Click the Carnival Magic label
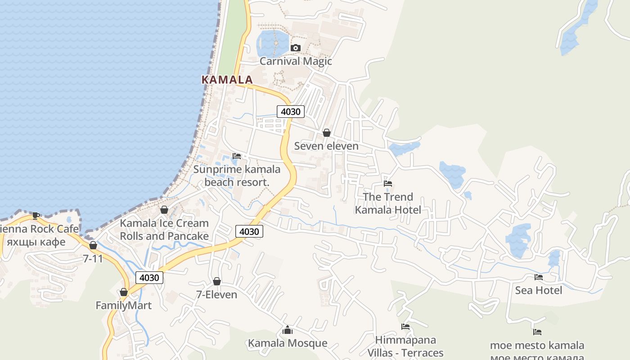[296, 61]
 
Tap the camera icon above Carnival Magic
[296, 48]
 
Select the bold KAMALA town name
[227, 80]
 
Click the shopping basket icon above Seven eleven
[327, 133]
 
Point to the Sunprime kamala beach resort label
[237, 175]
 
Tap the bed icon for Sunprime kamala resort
[237, 156]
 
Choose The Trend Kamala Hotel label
[388, 203]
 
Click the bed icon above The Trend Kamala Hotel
[388, 184]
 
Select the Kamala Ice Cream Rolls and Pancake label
[164, 229]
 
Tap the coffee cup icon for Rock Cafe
[36, 216]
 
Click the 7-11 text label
[93, 259]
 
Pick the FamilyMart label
[124, 306]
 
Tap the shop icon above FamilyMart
[124, 292]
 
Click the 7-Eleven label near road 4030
[216, 295]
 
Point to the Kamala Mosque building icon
[288, 330]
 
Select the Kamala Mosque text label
[288, 343]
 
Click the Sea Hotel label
[539, 290]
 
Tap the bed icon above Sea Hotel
[539, 277]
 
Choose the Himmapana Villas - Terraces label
[405, 346]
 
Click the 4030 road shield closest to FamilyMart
[149, 278]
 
